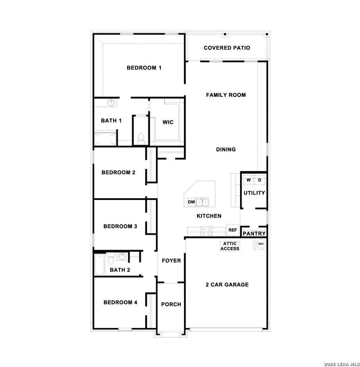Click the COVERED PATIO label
[x=227, y=48]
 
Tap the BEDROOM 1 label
[x=144, y=68]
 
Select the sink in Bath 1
[x=111, y=103]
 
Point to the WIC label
[x=168, y=122]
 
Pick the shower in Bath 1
[x=105, y=139]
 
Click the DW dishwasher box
[x=191, y=202]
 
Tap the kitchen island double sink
[x=202, y=202]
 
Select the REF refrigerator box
[x=233, y=230]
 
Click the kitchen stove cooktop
[x=207, y=231]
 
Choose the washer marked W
[x=249, y=180]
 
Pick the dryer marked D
[x=260, y=180]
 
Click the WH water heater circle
[x=260, y=244]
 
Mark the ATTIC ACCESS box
[x=230, y=246]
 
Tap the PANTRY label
[x=254, y=234]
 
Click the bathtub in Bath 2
[x=100, y=265]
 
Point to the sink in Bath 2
[x=123, y=257]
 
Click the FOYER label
[x=171, y=261]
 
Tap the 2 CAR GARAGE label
[x=227, y=285]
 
